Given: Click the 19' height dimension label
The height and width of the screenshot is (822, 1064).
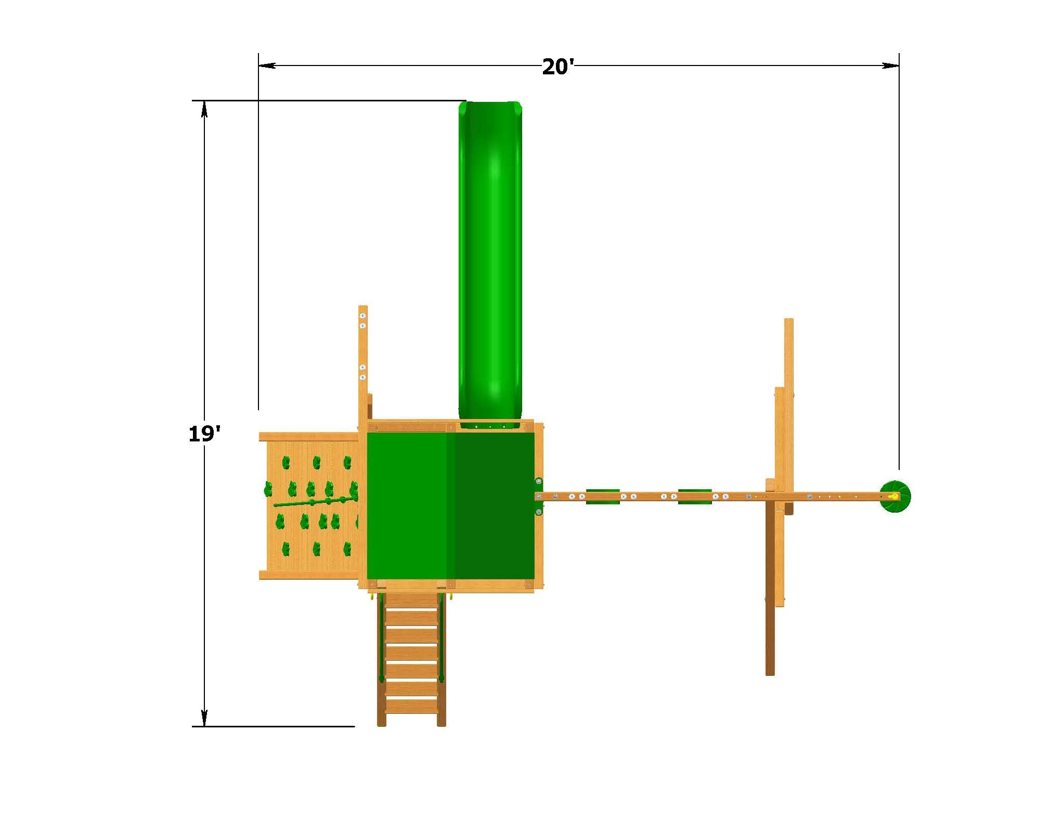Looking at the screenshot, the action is (205, 433).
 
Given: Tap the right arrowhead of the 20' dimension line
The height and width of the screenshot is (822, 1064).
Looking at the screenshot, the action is (891, 66).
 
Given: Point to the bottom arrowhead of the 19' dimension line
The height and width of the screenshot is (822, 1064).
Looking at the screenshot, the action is (204, 718).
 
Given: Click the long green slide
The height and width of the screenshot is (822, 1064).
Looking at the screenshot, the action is (489, 264).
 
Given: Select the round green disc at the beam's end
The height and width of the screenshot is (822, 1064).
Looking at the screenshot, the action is (895, 497).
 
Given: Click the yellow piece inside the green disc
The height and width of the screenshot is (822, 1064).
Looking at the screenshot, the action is (892, 497).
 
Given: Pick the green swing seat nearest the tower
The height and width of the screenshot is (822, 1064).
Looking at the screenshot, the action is (603, 496).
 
